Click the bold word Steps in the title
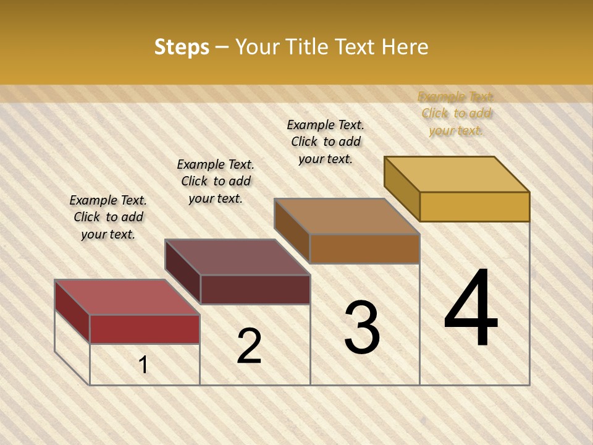(182, 47)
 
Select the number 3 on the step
(362, 328)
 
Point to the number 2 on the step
(249, 346)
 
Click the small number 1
(143, 365)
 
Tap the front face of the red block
(145, 329)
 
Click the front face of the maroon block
(255, 289)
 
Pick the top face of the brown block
(347, 216)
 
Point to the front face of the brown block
(364, 248)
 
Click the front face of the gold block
(474, 206)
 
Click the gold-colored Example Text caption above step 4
(456, 114)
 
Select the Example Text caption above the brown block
(326, 142)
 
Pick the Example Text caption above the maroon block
(216, 181)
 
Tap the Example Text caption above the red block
(108, 217)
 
